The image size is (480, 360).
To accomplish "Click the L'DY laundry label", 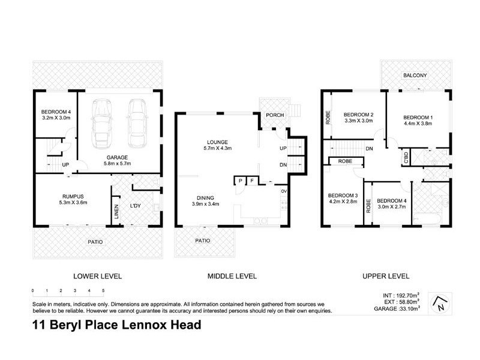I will pyautogui.click(x=136, y=206).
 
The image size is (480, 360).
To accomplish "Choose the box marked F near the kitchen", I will pyautogui.click(x=253, y=180).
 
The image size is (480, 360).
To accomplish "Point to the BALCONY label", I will pyautogui.click(x=415, y=75).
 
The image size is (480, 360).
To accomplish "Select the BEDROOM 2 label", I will pyautogui.click(x=358, y=116).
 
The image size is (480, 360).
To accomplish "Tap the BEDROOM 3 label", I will pyautogui.click(x=343, y=198).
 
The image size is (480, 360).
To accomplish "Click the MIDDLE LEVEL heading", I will pyautogui.click(x=232, y=276).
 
